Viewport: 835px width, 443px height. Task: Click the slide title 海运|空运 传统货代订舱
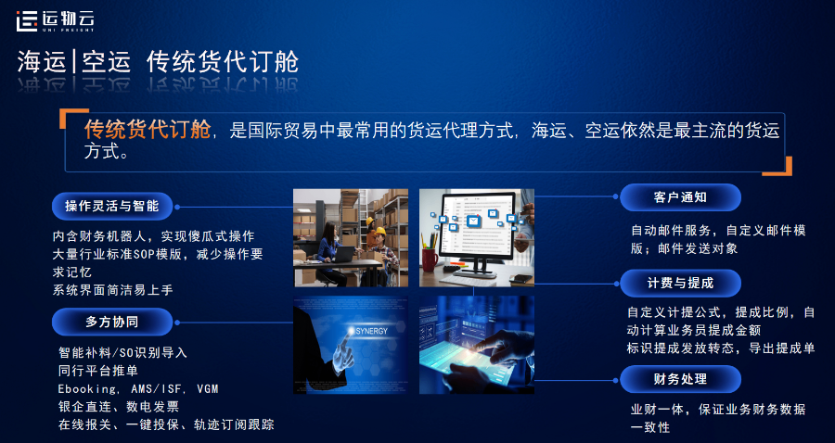point(158,62)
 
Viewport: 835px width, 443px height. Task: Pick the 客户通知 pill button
point(680,197)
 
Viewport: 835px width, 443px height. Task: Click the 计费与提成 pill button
point(680,282)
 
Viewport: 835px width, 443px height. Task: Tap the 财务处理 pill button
point(680,379)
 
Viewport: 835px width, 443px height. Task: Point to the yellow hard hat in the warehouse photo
point(378,231)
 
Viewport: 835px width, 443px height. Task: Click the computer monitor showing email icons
point(477,227)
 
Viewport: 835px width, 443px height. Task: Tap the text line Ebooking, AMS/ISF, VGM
point(138,388)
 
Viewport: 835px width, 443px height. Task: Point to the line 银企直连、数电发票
point(118,406)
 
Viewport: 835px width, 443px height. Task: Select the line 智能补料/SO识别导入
point(122,352)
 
